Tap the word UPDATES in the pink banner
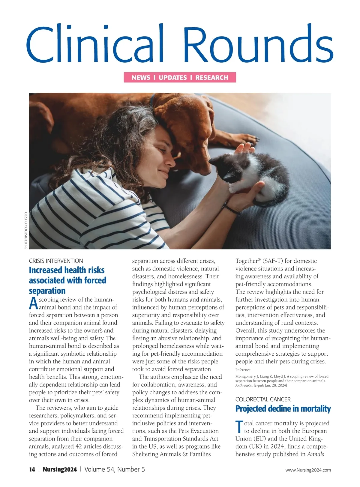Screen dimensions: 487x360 (173, 78)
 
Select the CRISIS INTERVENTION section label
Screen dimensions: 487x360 (56, 261)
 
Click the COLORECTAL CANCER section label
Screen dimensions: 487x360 (263, 399)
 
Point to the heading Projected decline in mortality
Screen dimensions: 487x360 (283, 409)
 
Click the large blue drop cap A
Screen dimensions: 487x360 (34, 303)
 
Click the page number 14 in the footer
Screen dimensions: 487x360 (32, 470)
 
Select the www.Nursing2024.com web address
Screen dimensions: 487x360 (308, 470)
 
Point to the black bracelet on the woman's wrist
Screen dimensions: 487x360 (231, 209)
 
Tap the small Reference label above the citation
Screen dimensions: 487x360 (243, 370)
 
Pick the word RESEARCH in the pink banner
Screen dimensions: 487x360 (212, 78)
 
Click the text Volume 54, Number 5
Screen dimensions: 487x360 (115, 470)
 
